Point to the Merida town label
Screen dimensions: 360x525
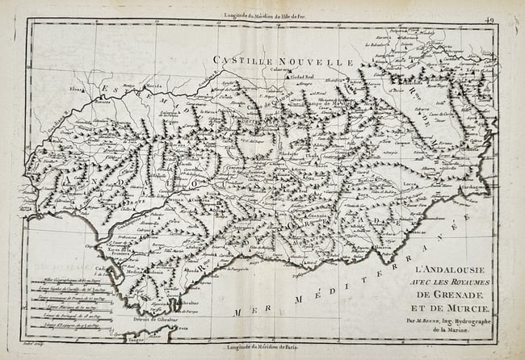155,86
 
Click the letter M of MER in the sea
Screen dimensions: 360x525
237,312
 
